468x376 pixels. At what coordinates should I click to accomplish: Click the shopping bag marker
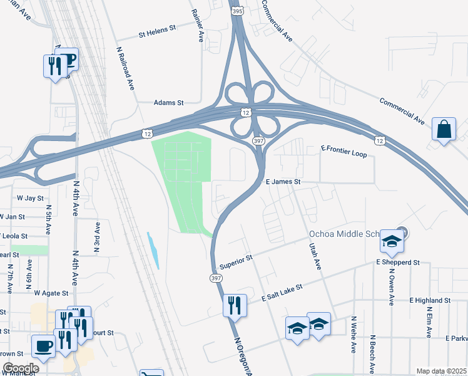444,130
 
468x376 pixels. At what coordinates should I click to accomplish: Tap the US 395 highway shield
237,11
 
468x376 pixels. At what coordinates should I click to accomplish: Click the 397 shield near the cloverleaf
258,142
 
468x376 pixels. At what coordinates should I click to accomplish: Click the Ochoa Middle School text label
345,234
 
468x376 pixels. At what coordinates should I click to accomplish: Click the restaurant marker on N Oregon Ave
235,305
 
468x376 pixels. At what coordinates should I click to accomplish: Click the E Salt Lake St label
282,293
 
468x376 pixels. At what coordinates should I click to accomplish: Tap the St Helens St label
158,28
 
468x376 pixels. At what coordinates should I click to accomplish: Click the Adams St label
169,102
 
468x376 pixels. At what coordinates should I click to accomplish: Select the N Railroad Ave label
126,68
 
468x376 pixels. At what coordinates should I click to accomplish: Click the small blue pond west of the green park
153,251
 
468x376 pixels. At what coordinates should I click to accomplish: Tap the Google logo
21,368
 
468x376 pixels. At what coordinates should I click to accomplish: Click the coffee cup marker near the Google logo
44,345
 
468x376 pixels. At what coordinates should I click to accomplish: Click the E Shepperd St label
397,262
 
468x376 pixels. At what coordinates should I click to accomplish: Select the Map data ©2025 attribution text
441,371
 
